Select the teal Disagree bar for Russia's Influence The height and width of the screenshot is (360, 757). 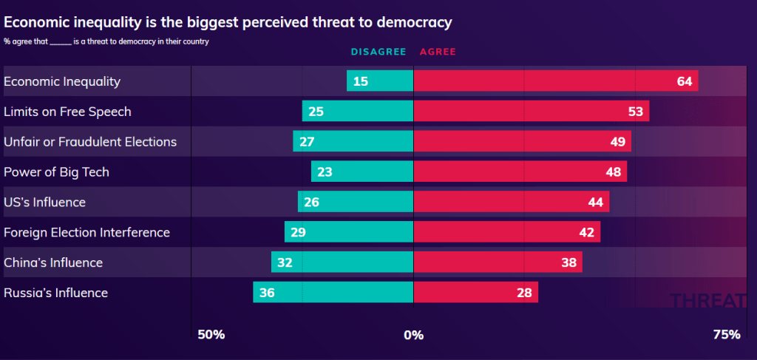point(333,293)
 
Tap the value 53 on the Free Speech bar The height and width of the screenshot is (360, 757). point(634,112)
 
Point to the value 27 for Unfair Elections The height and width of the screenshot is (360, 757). point(307,142)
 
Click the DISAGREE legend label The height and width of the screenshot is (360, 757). point(378,52)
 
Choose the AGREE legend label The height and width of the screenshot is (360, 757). point(438,52)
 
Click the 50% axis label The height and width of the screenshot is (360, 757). point(211,335)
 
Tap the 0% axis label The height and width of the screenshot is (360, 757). point(413,335)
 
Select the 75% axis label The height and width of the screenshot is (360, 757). point(726,335)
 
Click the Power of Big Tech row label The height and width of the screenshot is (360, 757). point(56,172)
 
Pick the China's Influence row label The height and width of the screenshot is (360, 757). point(53,262)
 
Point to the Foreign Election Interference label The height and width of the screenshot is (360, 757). point(86,232)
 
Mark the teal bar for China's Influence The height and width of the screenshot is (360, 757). point(342,262)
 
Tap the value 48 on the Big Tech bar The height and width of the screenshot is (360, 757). point(612,172)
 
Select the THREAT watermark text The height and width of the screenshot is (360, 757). point(707,300)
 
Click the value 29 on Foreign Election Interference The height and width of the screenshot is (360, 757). point(298,232)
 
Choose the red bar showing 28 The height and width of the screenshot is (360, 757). point(475,293)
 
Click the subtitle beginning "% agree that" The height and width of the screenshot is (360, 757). point(106,41)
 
